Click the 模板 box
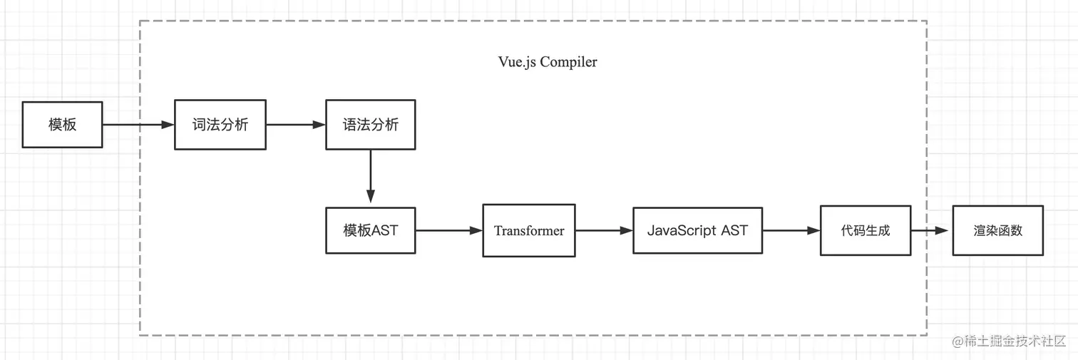coord(62,125)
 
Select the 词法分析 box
coord(220,125)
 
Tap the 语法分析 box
coord(370,125)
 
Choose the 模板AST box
coord(370,230)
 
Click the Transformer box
coord(529,230)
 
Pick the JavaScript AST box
coord(697,230)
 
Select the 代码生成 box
coord(865,230)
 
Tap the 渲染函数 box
coord(997,230)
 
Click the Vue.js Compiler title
coord(548,62)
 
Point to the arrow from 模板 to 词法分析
coord(138,125)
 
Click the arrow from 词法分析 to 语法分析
coord(295,125)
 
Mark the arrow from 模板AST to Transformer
coord(448,230)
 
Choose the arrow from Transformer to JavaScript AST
coord(604,230)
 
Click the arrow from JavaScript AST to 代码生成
coord(791,230)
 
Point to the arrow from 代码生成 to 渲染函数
coord(931,230)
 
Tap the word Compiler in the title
coord(568,62)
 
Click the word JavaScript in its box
coord(682,230)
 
